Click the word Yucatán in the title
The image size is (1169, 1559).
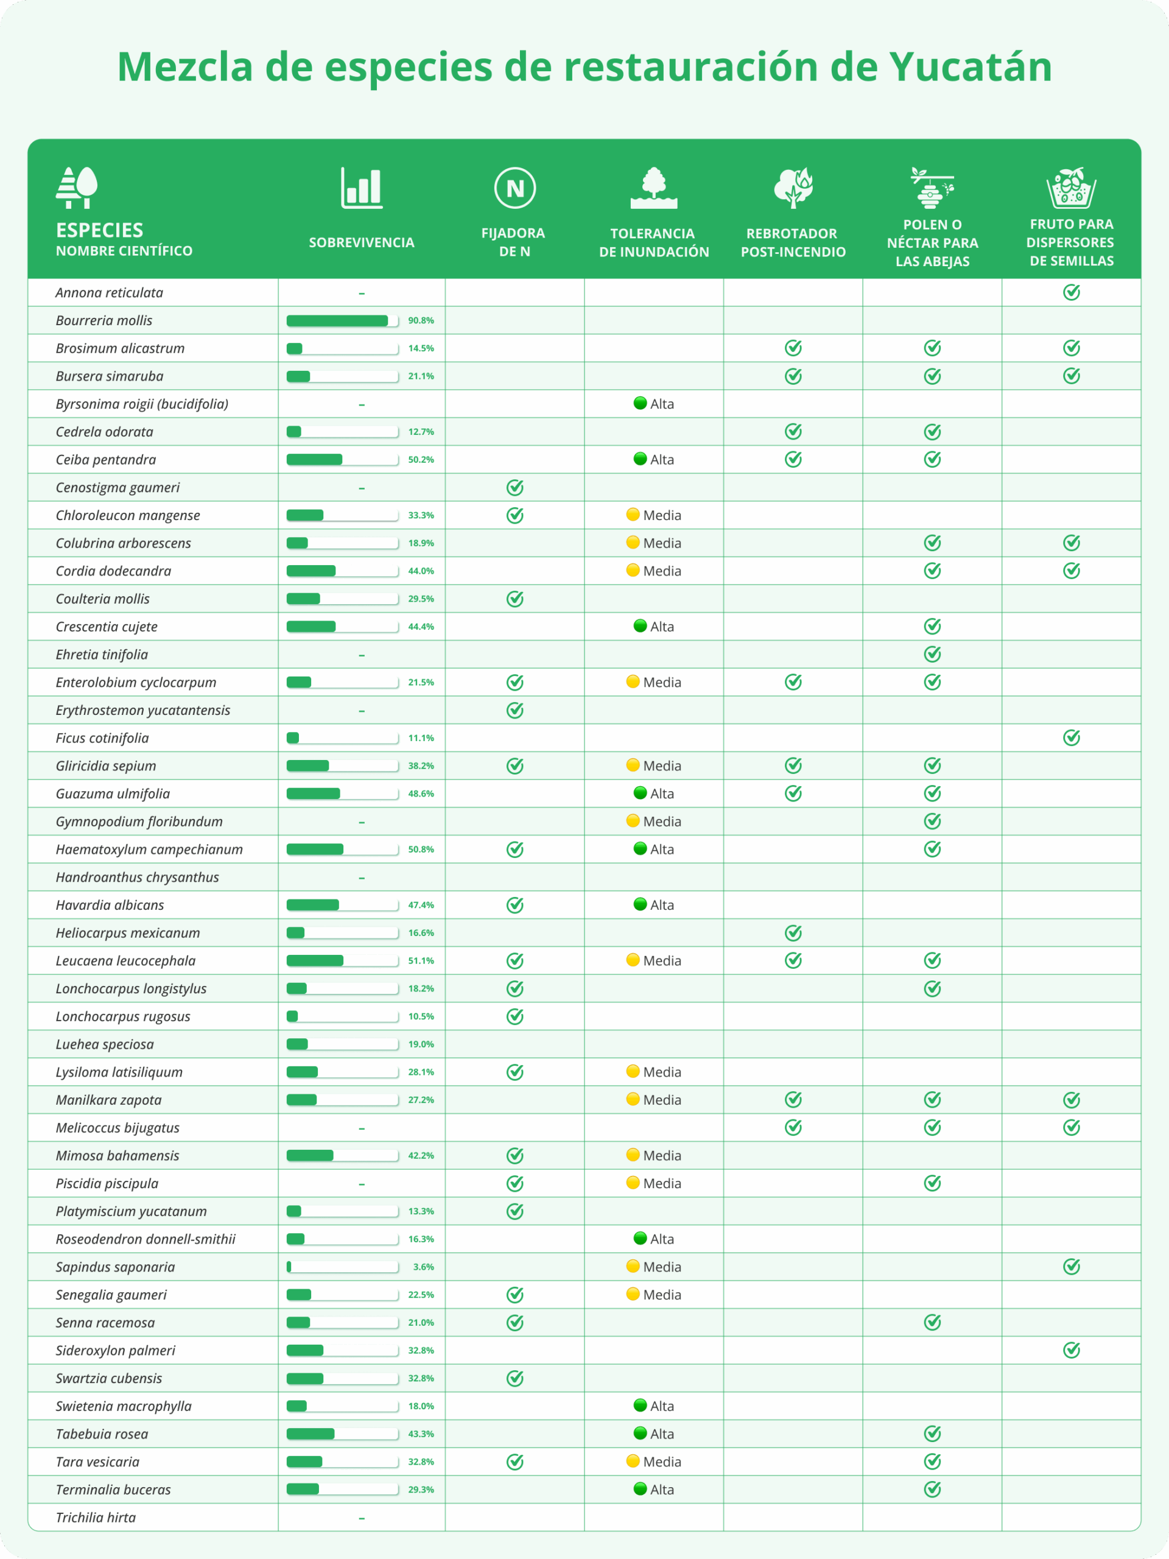click(971, 67)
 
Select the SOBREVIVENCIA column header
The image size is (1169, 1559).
click(362, 242)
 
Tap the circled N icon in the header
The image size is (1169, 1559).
click(515, 188)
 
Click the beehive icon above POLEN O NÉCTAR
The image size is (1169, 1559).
click(932, 188)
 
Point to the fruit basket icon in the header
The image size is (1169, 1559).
click(1071, 188)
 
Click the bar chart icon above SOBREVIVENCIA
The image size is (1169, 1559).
click(362, 188)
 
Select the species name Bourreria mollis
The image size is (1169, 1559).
click(104, 321)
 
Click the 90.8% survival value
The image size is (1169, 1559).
click(421, 321)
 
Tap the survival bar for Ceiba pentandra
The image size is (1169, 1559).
click(342, 460)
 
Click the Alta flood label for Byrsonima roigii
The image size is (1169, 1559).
click(662, 404)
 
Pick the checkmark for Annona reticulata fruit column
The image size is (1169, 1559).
click(1071, 292)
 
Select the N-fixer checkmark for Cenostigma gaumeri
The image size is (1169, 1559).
click(515, 488)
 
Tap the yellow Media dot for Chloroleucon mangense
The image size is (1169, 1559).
click(633, 515)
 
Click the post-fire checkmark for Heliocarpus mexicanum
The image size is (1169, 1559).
click(793, 933)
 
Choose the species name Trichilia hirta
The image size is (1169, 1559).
click(96, 1518)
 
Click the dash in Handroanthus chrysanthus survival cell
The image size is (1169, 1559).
click(362, 878)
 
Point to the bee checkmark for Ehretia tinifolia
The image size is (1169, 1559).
click(932, 655)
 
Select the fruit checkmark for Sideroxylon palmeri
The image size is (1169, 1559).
click(1071, 1350)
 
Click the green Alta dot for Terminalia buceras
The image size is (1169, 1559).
click(640, 1488)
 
